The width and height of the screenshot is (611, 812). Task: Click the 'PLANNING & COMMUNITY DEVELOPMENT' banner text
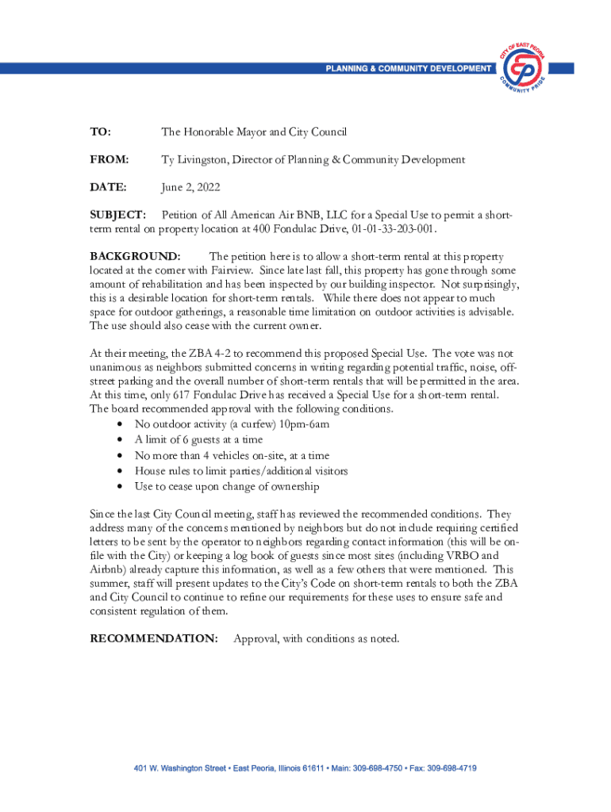408,69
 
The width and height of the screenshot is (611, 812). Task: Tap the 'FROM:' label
110,160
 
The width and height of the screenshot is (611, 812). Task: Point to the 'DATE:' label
108,188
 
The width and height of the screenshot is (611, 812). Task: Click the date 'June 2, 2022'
191,188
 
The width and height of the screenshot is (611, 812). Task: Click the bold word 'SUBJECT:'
117,216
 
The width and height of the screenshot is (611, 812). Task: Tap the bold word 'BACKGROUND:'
135,257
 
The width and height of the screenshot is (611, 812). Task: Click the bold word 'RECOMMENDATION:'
154,638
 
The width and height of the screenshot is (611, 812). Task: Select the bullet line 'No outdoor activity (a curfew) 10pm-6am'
232,424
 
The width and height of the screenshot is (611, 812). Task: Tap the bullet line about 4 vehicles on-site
232,455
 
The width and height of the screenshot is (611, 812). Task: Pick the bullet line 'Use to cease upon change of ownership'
227,486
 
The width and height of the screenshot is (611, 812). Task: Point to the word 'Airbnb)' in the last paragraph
113,569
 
